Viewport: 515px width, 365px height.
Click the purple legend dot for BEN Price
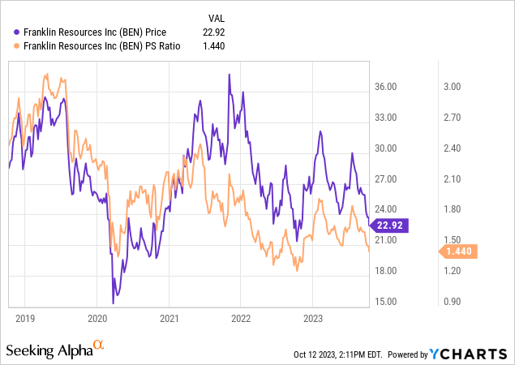pos(18,32)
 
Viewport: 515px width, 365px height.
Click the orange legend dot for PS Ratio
pos(18,46)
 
